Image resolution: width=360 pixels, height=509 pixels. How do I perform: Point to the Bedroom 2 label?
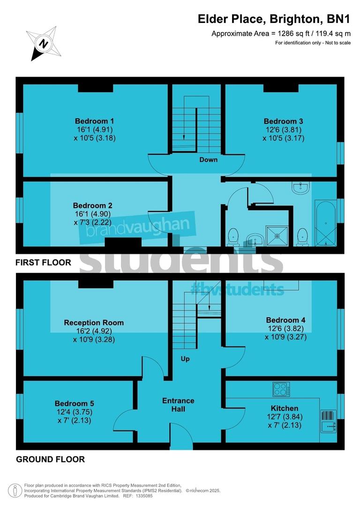pos(92,205)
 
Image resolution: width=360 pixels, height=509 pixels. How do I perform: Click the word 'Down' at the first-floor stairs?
pos(208,160)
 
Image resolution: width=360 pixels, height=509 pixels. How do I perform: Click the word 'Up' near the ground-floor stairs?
pos(186,359)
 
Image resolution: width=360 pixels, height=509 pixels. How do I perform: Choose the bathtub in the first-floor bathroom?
pos(325,222)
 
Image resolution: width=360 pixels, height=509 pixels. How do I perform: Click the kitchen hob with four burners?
pos(282,389)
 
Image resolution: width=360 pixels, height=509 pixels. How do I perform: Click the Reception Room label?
pos(94,322)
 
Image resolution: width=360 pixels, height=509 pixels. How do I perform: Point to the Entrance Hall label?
pos(178,404)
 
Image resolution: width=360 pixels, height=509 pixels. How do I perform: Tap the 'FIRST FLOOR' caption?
pos(44,263)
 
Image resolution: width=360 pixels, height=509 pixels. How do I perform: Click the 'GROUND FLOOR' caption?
pos(51,459)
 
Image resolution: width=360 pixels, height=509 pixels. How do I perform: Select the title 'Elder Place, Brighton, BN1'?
pos(274,19)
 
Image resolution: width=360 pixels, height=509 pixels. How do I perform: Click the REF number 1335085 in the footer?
pos(147,495)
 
